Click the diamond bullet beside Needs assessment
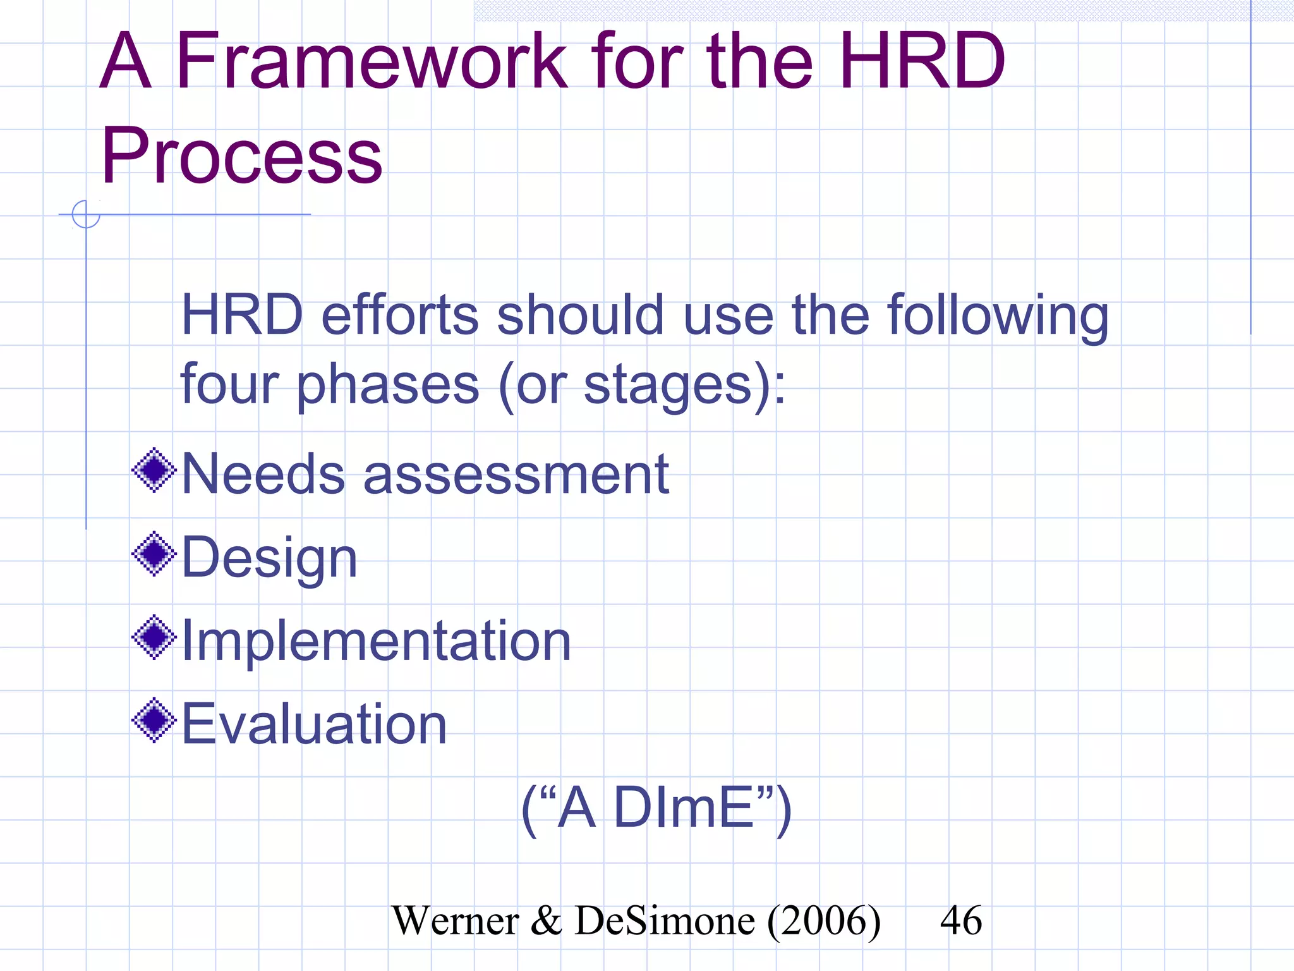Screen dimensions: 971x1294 pyautogui.click(x=154, y=470)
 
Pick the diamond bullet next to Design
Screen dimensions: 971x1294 pyautogui.click(x=154, y=554)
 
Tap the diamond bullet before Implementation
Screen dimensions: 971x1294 pyautogui.click(x=154, y=637)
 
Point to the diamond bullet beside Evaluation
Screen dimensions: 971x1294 pyautogui.click(x=154, y=720)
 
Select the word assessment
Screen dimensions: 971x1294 pyautogui.click(x=516, y=475)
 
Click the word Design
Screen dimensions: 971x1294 pyautogui.click(x=269, y=558)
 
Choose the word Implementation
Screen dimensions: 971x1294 pyautogui.click(x=377, y=641)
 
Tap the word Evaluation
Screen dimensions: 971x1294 pyautogui.click(x=314, y=724)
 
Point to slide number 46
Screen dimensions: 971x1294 pyautogui.click(x=960, y=920)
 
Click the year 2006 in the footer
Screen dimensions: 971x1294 pyautogui.click(x=824, y=921)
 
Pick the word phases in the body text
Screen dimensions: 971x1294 pyautogui.click(x=388, y=386)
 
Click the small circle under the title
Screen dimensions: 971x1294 pyautogui.click(x=86, y=214)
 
